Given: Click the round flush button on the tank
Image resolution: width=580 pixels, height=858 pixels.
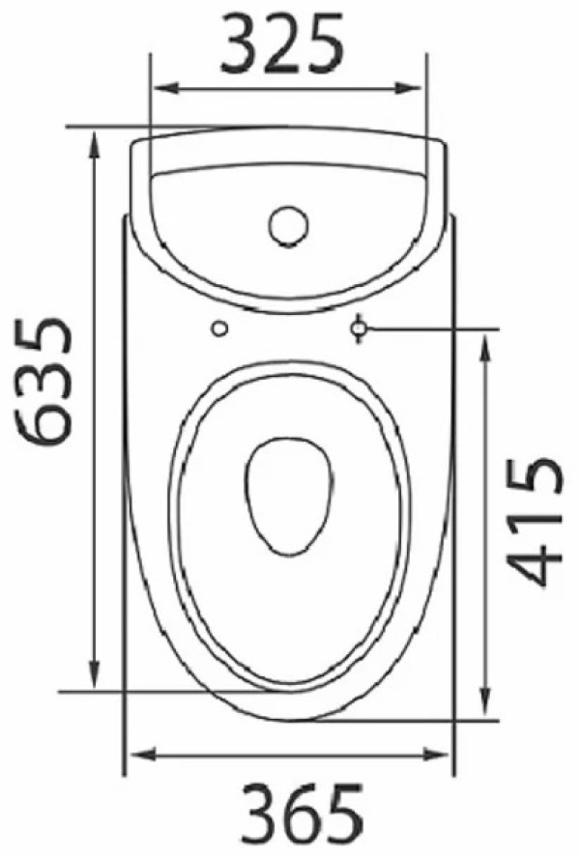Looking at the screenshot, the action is (288, 226).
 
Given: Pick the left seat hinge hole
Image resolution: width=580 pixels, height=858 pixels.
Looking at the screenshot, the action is (219, 329).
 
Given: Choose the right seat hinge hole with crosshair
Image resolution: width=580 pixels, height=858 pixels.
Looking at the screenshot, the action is (359, 329).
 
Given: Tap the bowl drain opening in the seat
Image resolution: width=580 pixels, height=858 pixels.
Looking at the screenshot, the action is (289, 497).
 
